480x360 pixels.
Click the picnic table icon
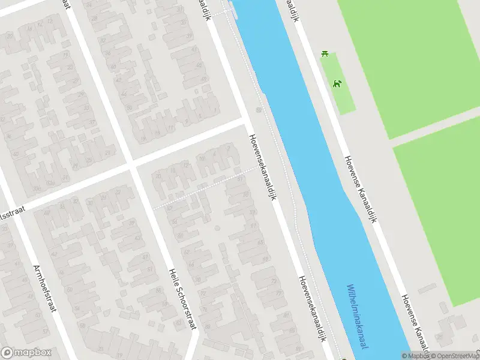325,54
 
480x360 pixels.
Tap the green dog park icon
338,83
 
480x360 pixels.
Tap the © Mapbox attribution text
415,356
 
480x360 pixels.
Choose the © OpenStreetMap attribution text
455,356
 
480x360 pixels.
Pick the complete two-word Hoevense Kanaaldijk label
360,190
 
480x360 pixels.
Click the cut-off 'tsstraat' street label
12,211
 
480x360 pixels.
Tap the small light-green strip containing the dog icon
340,84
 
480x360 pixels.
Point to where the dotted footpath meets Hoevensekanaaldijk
259,167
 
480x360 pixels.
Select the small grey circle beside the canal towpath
259,110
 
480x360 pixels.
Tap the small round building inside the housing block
217,228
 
